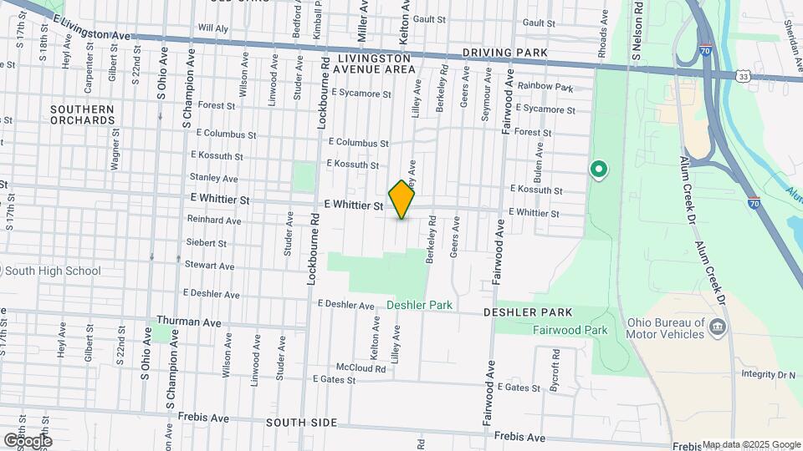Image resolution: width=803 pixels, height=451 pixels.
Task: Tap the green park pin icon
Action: (x=599, y=170)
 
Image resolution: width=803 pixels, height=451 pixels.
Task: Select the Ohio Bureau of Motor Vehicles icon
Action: (x=717, y=327)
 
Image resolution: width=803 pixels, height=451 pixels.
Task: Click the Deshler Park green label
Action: (x=419, y=306)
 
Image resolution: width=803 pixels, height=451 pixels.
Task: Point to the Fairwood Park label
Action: (x=570, y=330)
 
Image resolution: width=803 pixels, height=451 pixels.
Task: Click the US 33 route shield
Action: (x=743, y=76)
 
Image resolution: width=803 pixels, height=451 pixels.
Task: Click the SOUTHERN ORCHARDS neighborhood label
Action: (x=82, y=114)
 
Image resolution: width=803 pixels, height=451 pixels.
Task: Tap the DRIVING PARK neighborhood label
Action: (x=505, y=53)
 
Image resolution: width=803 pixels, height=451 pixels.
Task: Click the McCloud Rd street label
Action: (x=361, y=368)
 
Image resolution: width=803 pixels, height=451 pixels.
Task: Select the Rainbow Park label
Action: (x=545, y=86)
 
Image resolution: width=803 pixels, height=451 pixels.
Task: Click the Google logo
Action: (x=27, y=440)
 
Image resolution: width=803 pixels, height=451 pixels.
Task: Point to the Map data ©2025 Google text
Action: (x=751, y=444)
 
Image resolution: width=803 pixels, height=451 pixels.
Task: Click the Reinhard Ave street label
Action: (x=214, y=220)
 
